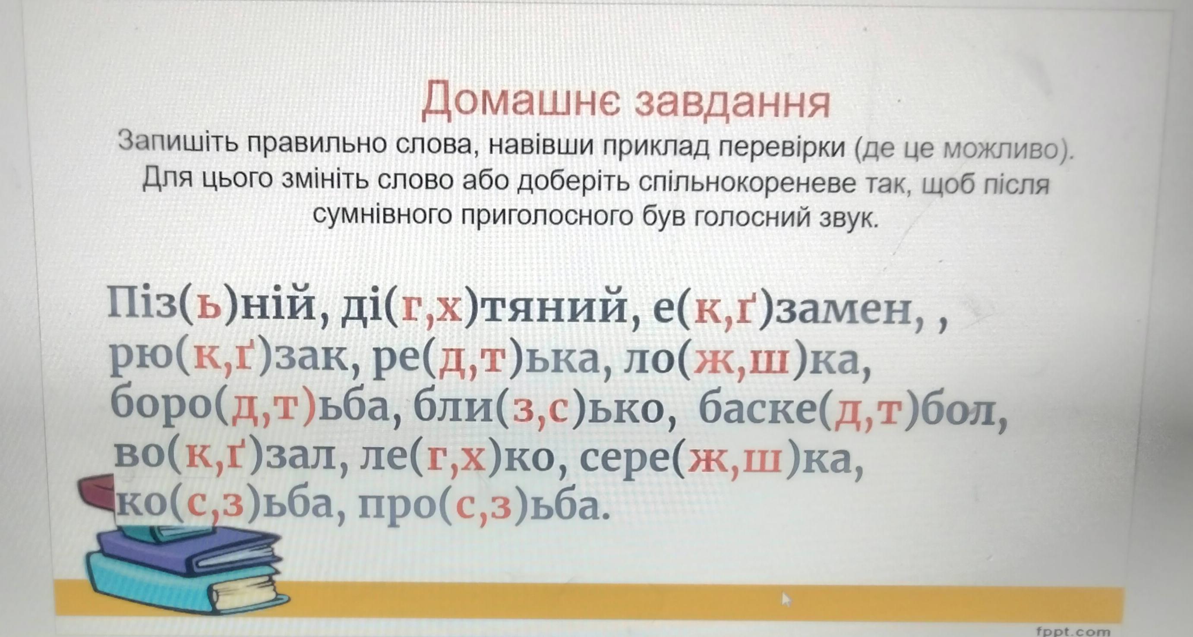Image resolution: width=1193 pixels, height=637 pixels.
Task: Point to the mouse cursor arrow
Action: point(786,599)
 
